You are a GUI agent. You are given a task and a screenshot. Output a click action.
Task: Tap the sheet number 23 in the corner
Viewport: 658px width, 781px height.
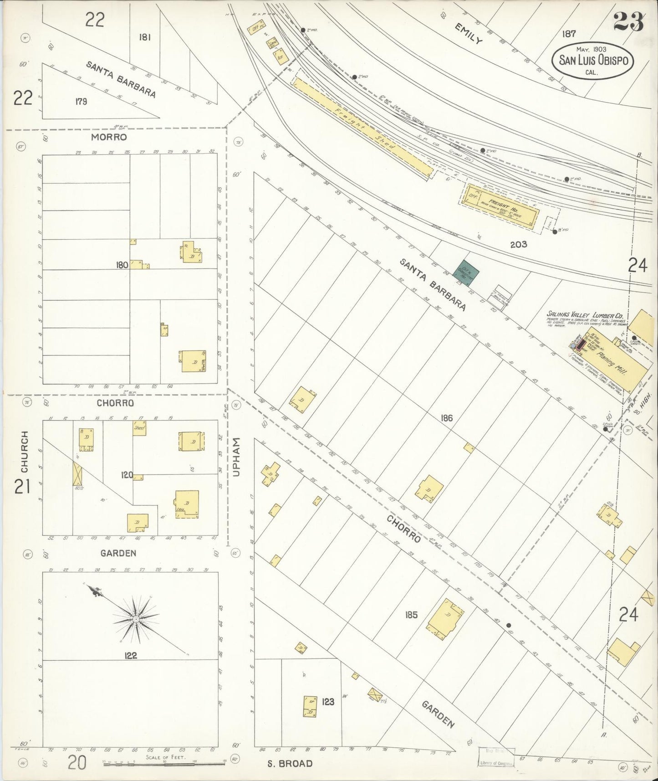pyautogui.click(x=628, y=21)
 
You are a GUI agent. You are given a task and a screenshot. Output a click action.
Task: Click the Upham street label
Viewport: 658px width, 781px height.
pyautogui.click(x=236, y=457)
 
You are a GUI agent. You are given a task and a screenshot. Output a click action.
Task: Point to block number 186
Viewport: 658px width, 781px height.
pyautogui.click(x=447, y=417)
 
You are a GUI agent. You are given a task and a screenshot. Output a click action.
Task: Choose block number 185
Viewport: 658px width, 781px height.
pyautogui.click(x=411, y=615)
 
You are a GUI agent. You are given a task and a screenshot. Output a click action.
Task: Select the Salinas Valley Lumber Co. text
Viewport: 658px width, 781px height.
pyautogui.click(x=584, y=315)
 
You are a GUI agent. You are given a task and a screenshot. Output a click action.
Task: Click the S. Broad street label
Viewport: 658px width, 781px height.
pyautogui.click(x=290, y=763)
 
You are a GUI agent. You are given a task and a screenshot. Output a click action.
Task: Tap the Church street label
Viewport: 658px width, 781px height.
pyautogui.click(x=24, y=451)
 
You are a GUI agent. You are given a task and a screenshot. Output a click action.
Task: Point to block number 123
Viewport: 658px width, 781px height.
pyautogui.click(x=328, y=701)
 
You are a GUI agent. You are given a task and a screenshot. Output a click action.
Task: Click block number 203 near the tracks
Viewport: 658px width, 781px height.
pyautogui.click(x=518, y=244)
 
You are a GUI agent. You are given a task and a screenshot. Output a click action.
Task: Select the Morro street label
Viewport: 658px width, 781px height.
pyautogui.click(x=108, y=137)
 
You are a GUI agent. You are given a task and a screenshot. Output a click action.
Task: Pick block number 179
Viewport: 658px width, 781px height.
pyautogui.click(x=81, y=101)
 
